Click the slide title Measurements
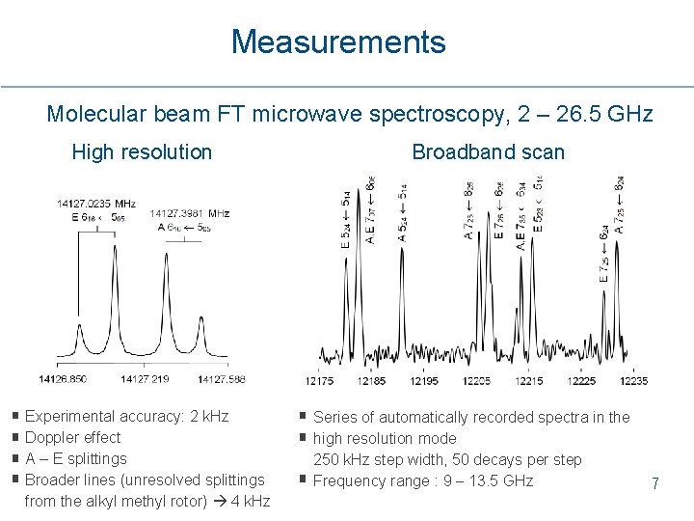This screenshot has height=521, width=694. coord(338,42)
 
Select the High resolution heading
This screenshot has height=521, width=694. coord(142,151)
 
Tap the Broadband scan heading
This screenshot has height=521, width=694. coord(488,151)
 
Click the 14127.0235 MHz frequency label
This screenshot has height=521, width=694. coord(96,204)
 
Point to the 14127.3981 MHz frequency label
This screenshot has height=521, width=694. coord(190,213)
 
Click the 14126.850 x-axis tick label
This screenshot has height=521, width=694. coord(63,379)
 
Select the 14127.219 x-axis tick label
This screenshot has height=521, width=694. coord(145,379)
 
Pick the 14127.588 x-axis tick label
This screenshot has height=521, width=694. coord(221,379)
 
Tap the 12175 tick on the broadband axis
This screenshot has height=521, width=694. coord(319,381)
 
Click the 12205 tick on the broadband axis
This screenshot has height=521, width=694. coord(476,381)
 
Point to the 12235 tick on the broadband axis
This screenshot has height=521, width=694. coord(632,381)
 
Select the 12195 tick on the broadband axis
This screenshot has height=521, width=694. coord(424,381)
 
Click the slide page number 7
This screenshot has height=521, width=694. coord(654,483)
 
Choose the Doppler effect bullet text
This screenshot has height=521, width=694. coord(72,437)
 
